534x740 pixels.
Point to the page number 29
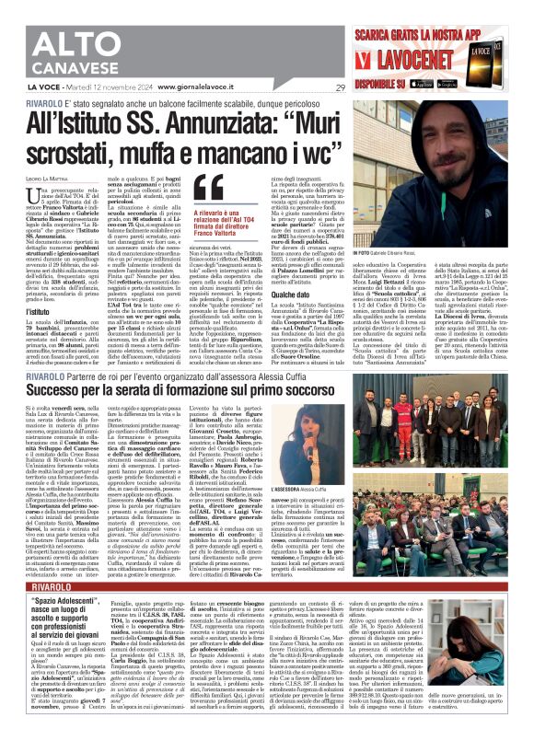(x=341, y=87)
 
